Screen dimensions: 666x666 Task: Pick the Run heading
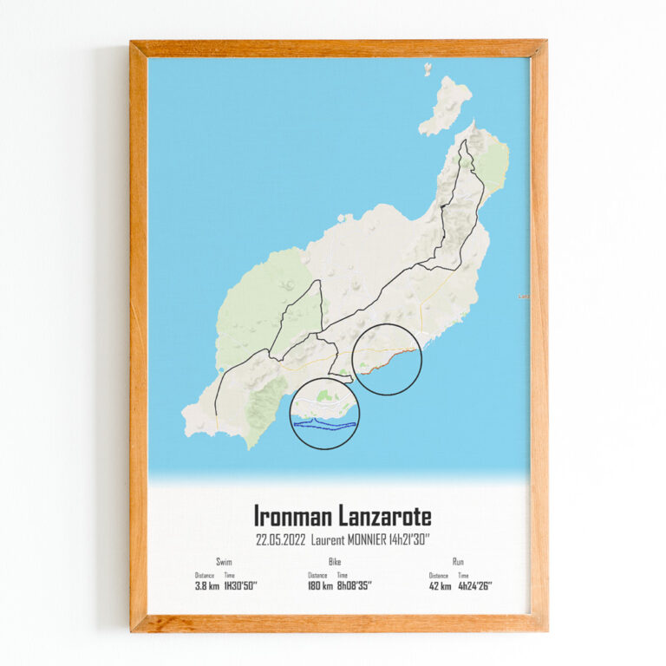tap(457, 562)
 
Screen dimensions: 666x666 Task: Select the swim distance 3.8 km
tap(206, 586)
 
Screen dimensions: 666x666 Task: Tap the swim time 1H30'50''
tap(240, 586)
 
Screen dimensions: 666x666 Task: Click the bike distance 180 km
tap(319, 586)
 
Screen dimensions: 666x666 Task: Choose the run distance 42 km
tap(439, 586)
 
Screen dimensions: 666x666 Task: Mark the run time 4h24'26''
tap(474, 586)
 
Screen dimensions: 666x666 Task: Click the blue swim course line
tap(325, 425)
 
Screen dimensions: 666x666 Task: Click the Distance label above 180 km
tap(317, 575)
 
